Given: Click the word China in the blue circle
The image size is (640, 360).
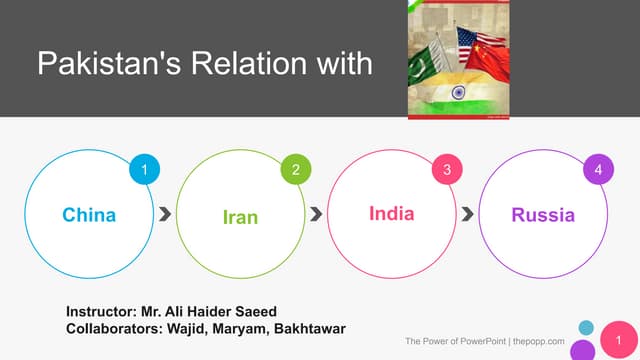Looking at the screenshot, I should point(89,215).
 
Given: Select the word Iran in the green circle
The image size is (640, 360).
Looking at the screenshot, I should point(240,216).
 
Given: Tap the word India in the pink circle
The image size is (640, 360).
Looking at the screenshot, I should point(391,214).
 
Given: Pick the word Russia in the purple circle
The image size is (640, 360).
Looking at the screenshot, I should point(543,215).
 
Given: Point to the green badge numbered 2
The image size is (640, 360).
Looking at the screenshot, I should point(296,171).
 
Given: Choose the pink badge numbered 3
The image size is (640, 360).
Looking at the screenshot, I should point(447,171).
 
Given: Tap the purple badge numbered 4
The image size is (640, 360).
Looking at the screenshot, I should point(598,171).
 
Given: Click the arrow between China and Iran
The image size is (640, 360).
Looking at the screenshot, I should point(164,214).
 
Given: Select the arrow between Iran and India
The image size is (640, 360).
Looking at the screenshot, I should point(316,214).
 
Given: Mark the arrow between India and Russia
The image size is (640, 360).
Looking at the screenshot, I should point(467,214).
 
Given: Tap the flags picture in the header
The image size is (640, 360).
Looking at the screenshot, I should point(461,59).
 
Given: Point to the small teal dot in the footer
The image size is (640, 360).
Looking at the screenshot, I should point(586,326).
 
